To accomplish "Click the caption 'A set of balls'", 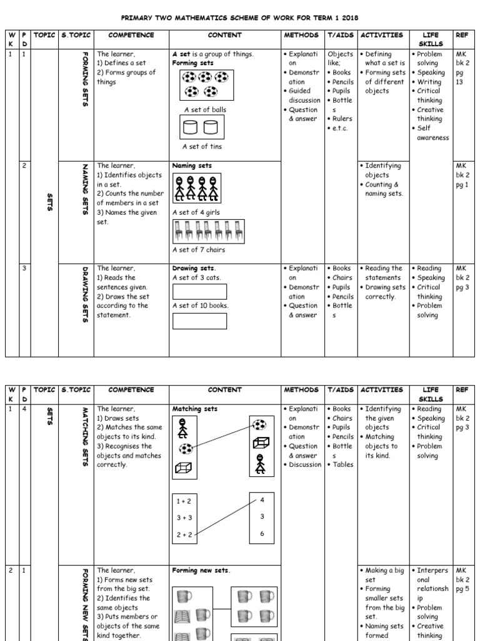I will (205, 110).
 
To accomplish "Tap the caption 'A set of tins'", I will (202, 146).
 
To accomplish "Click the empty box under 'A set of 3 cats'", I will (199, 292).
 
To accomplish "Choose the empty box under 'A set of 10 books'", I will (199, 320).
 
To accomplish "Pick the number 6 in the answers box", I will (261, 533).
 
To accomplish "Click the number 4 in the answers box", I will (261, 500).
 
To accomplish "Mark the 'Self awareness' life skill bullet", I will (432, 133).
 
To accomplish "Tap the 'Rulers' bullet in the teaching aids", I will (341, 118).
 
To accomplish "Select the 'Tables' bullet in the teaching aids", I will (341, 464).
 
